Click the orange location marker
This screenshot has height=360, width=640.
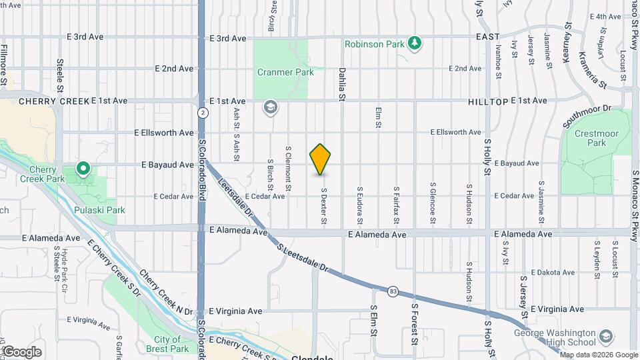(x=321, y=159)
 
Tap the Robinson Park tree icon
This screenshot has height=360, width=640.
(x=415, y=43)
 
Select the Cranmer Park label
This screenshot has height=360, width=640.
(x=285, y=72)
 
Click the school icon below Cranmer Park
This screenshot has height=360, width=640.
(x=270, y=107)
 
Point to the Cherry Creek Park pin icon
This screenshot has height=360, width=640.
(x=83, y=169)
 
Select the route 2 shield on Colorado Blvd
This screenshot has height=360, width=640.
(x=201, y=113)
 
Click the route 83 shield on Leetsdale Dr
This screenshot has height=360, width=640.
(x=393, y=290)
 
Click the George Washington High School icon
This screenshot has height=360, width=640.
(x=605, y=335)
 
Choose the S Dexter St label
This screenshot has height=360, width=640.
(x=323, y=205)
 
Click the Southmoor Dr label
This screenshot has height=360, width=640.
(x=587, y=117)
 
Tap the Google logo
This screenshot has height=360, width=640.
(x=21, y=351)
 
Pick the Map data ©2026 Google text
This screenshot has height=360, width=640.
(x=598, y=355)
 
